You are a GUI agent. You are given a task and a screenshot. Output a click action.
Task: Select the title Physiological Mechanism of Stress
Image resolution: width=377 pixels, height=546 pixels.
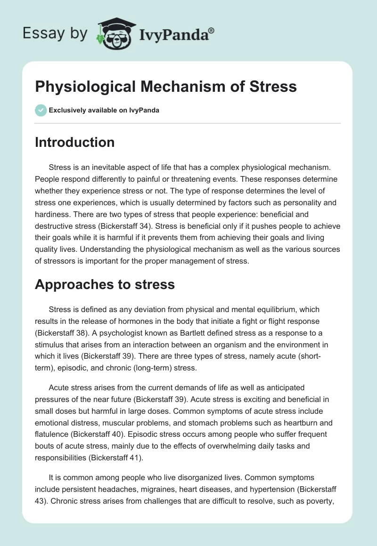click(x=166, y=87)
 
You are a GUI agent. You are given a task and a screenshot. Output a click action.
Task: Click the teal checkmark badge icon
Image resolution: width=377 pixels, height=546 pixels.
click(x=41, y=111)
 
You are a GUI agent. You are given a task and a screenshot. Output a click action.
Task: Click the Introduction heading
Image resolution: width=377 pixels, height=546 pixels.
click(x=74, y=142)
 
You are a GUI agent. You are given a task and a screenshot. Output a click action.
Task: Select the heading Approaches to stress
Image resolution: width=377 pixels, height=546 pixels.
click(x=105, y=284)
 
